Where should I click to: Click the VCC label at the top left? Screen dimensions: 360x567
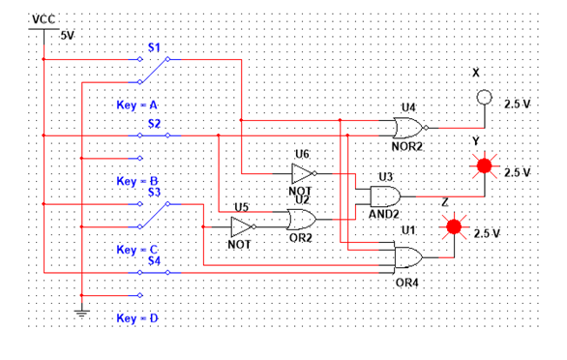pos(45,19)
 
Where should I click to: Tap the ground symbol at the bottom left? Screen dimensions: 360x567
pos(82,312)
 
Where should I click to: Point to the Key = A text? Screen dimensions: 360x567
pos(136,104)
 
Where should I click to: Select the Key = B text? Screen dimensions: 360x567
pos(136,181)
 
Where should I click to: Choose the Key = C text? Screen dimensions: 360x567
pos(136,250)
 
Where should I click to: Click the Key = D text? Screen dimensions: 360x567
pos(136,317)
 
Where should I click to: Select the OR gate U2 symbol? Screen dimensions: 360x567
pos(300,219)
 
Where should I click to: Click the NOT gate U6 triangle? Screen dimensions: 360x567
pos(302,173)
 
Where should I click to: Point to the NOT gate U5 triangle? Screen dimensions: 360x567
pos(241,226)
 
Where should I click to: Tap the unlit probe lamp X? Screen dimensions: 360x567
pos(484,98)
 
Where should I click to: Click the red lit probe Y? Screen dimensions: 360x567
pos(485,167)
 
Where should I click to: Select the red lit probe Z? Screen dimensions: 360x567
pos(451,228)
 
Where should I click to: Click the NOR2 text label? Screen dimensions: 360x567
pos(407,146)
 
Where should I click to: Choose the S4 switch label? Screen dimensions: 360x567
pos(153,260)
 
